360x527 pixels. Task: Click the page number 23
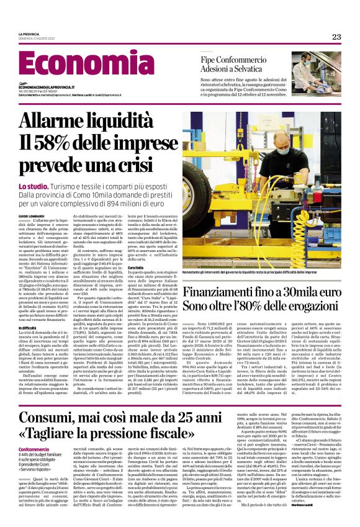click(336, 37)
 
